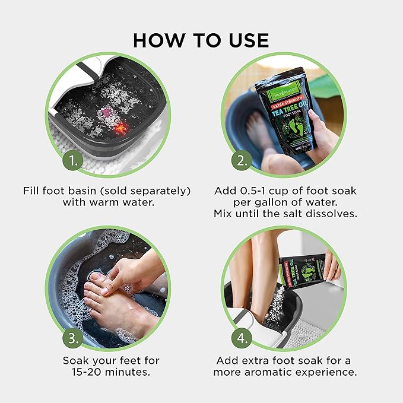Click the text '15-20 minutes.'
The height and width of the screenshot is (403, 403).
(111, 373)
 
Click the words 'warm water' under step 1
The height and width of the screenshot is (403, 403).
(126, 202)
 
